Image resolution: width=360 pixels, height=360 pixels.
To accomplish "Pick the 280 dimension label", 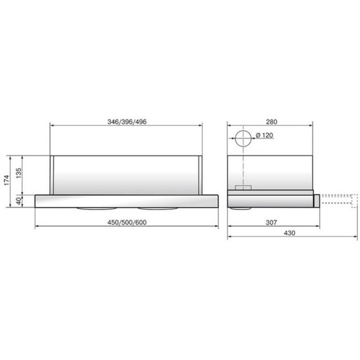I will click(x=269, y=121).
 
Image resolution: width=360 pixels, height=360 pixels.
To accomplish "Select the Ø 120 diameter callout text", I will click(x=264, y=136).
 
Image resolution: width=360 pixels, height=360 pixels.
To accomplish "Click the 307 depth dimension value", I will click(x=271, y=222).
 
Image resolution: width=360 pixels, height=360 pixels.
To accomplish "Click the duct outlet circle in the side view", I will click(x=243, y=138).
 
